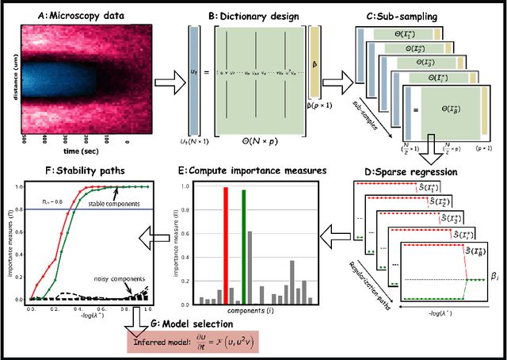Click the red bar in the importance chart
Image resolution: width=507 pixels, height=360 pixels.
pyautogui.click(x=226, y=246)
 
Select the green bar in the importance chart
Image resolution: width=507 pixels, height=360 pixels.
pyautogui.click(x=244, y=247)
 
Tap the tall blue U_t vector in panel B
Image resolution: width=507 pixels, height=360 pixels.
pyautogui.click(x=193, y=79)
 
